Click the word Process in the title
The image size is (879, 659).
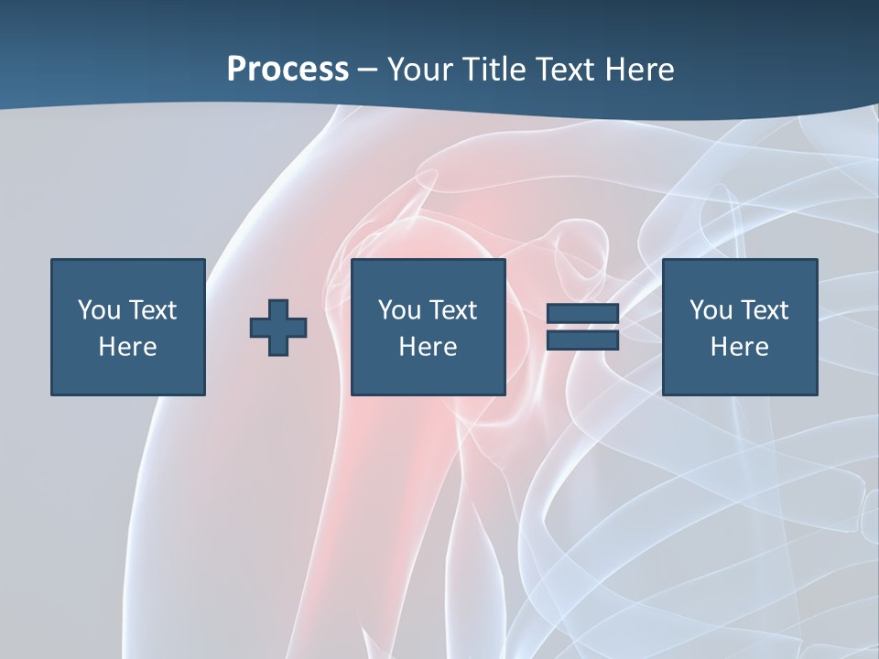pyautogui.click(x=288, y=70)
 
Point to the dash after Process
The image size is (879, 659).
pyautogui.click(x=368, y=70)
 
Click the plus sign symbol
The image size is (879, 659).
pyautogui.click(x=278, y=327)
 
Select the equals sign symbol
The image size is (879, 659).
pyautogui.click(x=582, y=327)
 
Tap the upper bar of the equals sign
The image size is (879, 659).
pyautogui.click(x=582, y=314)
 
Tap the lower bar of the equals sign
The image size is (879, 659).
pyautogui.click(x=582, y=340)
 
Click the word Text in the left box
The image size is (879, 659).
pyautogui.click(x=153, y=310)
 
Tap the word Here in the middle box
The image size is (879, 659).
pyautogui.click(x=428, y=347)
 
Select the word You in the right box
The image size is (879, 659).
pyautogui.click(x=710, y=310)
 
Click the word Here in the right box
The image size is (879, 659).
pyautogui.click(x=739, y=347)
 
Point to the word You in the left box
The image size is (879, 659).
pyautogui.click(x=98, y=310)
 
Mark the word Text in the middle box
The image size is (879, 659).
pyautogui.click(x=453, y=310)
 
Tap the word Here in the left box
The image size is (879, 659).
pyautogui.click(x=127, y=347)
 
